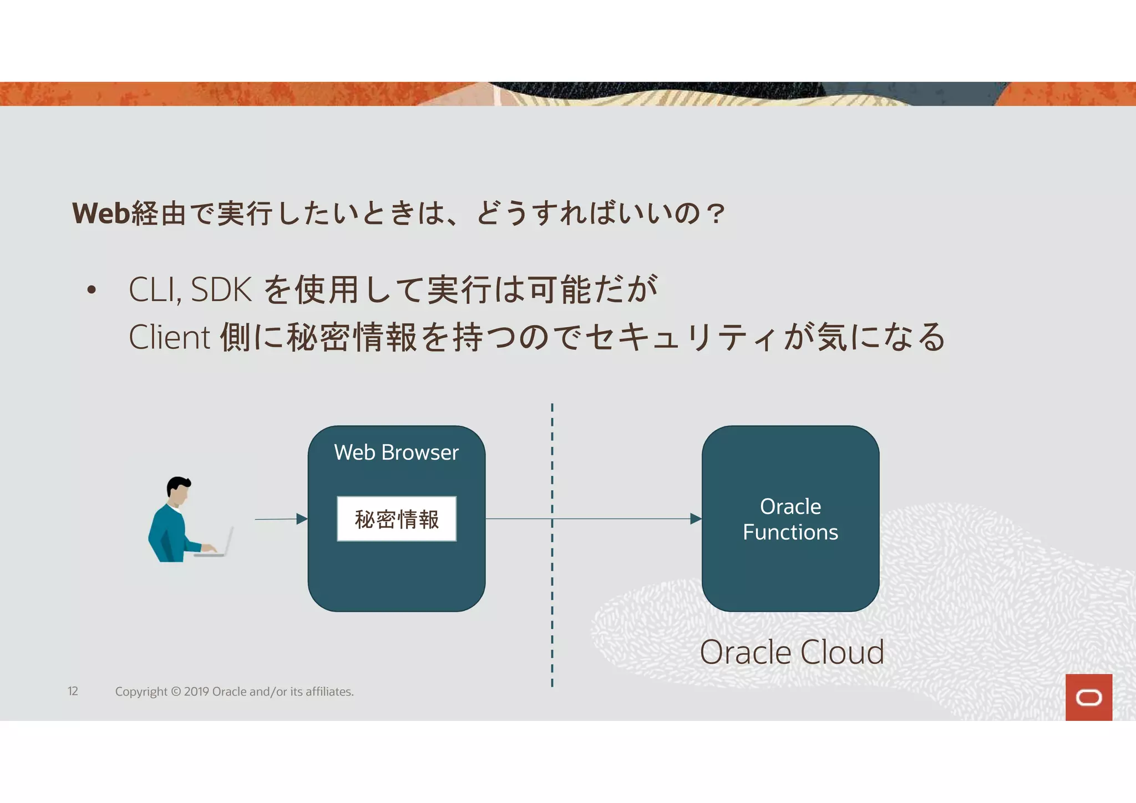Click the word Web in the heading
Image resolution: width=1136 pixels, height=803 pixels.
click(x=101, y=214)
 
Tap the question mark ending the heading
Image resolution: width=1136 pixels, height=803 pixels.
click(x=716, y=214)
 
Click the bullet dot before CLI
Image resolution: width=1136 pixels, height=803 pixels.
click(x=92, y=290)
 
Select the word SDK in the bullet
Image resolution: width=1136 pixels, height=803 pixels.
click(x=221, y=289)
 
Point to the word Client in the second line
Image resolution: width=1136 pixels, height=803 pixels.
click(x=169, y=337)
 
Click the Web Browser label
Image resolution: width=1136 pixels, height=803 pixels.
click(x=396, y=453)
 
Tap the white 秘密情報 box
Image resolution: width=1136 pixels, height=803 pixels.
click(x=397, y=519)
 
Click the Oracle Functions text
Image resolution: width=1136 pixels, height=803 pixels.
click(x=790, y=519)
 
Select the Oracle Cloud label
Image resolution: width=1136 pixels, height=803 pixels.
click(x=792, y=652)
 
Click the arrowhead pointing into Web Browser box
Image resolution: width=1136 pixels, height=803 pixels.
click(x=302, y=519)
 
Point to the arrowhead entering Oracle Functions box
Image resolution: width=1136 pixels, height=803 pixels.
click(x=696, y=519)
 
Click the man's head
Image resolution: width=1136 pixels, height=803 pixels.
click(x=179, y=491)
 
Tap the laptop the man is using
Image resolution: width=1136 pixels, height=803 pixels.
click(x=219, y=543)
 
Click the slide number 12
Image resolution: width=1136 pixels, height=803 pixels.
click(x=73, y=692)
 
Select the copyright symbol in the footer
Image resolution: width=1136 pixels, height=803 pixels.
click(x=176, y=692)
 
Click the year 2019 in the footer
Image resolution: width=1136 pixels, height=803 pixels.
click(x=196, y=692)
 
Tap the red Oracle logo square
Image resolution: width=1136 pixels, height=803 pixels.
click(x=1088, y=697)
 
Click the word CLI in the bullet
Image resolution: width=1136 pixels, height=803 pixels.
click(x=154, y=289)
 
